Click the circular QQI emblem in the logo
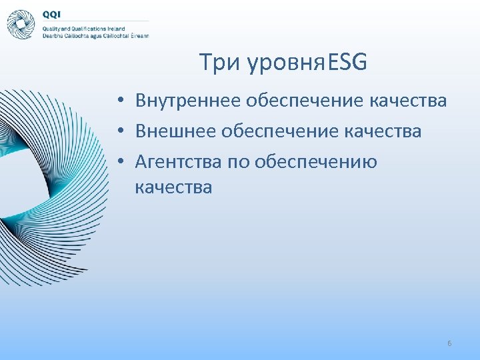coord(21,24)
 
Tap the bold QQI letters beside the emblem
coord(53,14)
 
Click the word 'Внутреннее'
coord(188,101)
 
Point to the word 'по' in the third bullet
coord(237,161)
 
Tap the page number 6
coord(449,343)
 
